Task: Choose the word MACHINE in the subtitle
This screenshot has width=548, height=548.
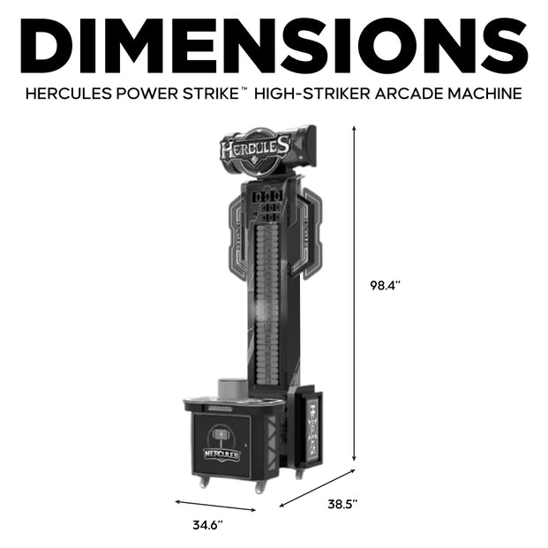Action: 477,92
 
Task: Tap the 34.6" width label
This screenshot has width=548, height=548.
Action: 208,525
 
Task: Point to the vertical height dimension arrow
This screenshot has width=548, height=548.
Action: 355,291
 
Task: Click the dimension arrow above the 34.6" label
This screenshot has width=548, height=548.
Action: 215,506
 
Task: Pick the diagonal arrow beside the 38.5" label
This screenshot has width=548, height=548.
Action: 317,488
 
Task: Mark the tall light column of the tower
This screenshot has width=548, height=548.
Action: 266,300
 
